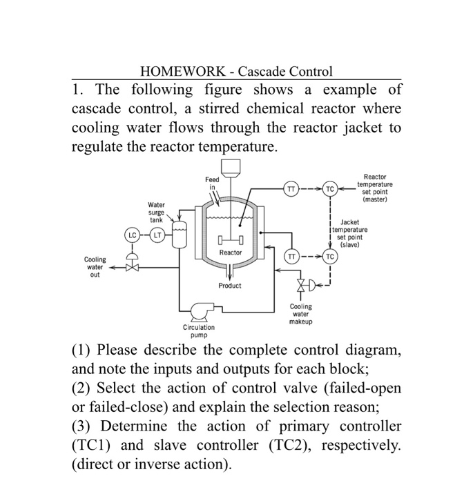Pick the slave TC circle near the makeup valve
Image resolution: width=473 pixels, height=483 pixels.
[330, 256]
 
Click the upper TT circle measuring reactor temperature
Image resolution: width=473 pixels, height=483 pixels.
[291, 188]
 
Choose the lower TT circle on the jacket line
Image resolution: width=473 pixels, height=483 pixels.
[291, 256]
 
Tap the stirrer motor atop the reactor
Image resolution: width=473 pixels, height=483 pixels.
[231, 168]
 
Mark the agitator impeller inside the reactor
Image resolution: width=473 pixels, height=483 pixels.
[230, 241]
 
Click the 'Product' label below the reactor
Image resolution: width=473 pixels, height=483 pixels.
[230, 285]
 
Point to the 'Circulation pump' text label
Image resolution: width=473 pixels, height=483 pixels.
[199, 331]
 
